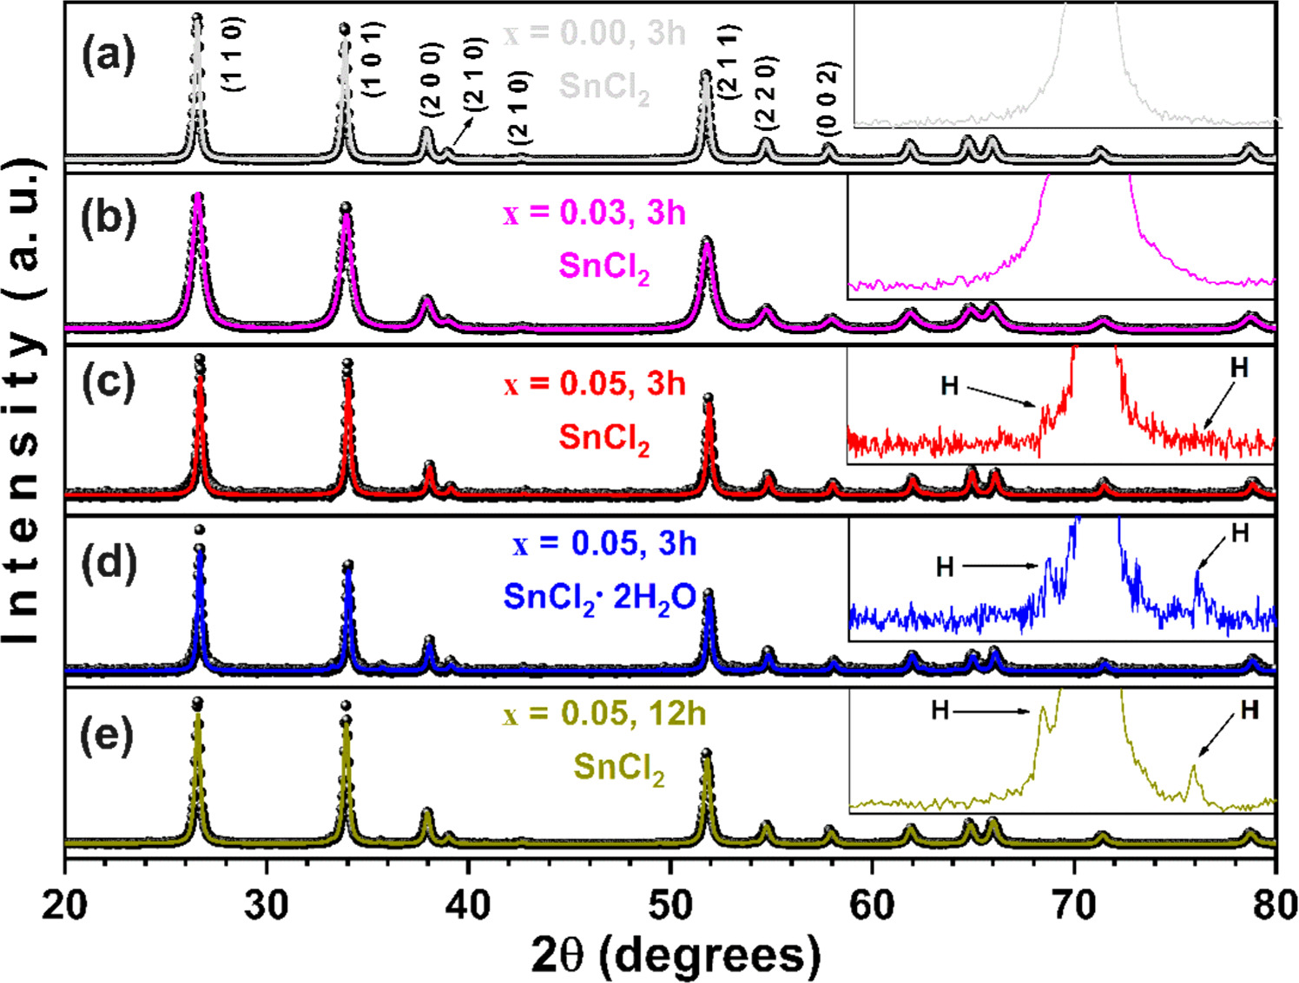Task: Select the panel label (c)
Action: [108, 382]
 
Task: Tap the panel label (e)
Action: [108, 736]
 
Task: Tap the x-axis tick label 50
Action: [669, 905]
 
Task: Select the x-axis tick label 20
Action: [65, 905]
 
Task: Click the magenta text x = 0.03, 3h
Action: [594, 213]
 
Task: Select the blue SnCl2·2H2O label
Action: [599, 598]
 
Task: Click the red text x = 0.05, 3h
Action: [594, 383]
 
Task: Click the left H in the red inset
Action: [950, 386]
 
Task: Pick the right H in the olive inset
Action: [1250, 711]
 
